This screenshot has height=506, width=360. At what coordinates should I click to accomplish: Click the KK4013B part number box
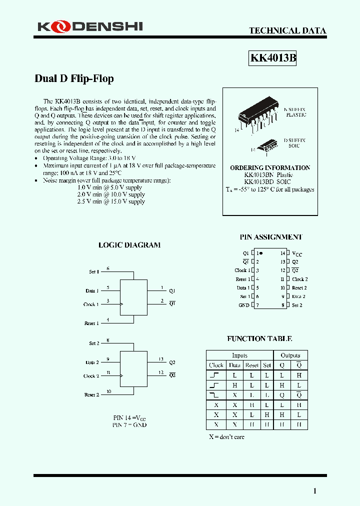pos(273,58)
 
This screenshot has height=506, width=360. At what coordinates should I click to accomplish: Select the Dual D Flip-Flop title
pos(74,78)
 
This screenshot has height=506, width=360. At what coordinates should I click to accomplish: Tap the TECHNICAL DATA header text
pos(287,30)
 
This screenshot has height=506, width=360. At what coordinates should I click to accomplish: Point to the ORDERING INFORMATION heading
pos(270,168)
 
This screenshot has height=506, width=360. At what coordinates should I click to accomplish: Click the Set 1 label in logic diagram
pos(94,271)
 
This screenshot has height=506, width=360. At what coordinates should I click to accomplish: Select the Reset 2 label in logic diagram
pos(91,394)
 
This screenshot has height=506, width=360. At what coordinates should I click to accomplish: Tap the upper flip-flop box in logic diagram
pos(133,297)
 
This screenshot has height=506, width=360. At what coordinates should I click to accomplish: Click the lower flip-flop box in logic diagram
pos(133,369)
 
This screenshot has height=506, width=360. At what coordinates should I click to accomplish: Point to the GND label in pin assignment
pos(243,305)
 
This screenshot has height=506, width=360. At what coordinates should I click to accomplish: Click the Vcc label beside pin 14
pos(297,254)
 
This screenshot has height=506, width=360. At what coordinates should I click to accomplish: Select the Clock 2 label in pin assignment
pos(300,279)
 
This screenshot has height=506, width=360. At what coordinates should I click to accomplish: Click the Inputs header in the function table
pos(239,355)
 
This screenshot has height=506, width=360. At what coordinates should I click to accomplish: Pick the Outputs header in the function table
pos(290,355)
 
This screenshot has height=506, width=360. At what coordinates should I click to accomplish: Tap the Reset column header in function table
pos(252,365)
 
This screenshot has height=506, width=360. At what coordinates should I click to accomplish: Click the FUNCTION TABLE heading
pos(259,338)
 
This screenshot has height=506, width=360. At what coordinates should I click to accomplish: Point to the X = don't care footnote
pos(226,436)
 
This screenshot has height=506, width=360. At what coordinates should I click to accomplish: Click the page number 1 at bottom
pos(314,491)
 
